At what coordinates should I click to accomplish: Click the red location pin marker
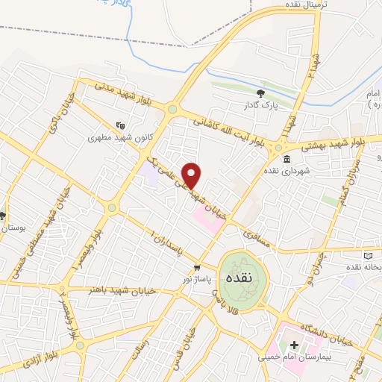click(x=192, y=175)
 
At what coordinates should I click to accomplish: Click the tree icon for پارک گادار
click(x=260, y=93)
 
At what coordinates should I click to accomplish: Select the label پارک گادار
click(x=260, y=106)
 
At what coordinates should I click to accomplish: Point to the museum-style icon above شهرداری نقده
click(x=287, y=159)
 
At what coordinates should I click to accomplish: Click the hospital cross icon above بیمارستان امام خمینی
click(x=293, y=345)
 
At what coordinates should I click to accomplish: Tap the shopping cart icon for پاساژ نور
click(x=197, y=267)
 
